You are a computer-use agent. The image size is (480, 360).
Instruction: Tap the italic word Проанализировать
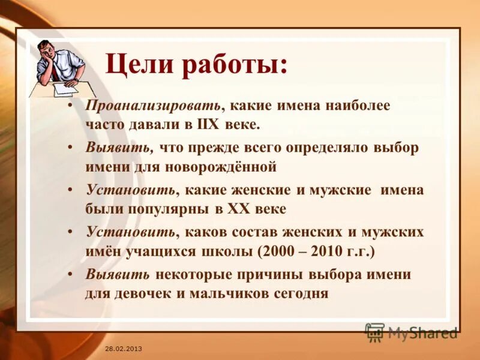(x=152, y=106)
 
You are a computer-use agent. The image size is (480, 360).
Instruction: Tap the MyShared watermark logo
(x=412, y=332)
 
